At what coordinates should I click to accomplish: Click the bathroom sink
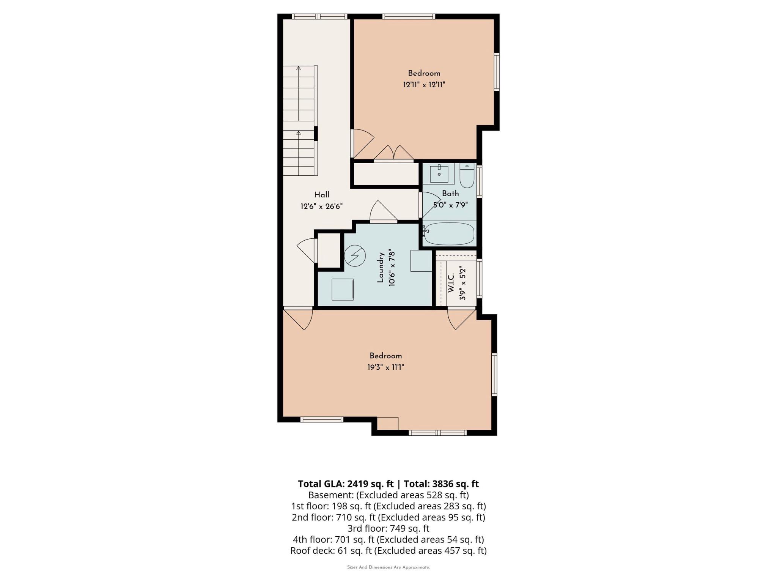click(439, 173)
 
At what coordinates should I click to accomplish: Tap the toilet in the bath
click(467, 176)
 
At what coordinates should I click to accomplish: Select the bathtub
click(449, 233)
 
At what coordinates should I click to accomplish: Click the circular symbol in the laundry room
click(355, 255)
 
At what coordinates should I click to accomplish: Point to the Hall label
click(321, 195)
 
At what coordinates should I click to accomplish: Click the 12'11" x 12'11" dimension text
click(424, 85)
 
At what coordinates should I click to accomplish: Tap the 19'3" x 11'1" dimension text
click(385, 367)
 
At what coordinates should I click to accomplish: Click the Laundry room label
click(381, 268)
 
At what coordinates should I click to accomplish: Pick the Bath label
click(450, 193)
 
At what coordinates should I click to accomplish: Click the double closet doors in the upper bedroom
click(394, 153)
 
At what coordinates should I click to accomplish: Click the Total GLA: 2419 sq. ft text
click(346, 484)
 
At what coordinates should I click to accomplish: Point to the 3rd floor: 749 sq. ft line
click(388, 528)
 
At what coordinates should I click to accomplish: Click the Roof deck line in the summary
click(388, 550)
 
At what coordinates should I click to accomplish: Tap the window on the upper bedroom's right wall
click(496, 72)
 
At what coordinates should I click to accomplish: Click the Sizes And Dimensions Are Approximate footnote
click(388, 567)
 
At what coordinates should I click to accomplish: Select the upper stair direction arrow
click(299, 68)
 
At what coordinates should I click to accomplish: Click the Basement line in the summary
click(388, 495)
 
